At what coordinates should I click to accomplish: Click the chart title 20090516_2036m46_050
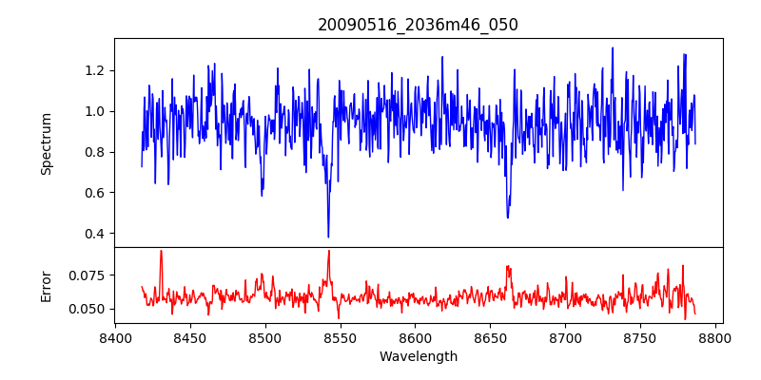point(418,25)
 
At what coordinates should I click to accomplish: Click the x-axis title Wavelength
point(418,356)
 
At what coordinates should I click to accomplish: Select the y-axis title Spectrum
point(46,143)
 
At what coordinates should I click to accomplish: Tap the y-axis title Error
point(46,285)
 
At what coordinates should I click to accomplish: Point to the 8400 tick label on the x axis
point(115,337)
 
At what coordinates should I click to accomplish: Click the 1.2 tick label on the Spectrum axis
point(95,70)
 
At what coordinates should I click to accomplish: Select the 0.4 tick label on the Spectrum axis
point(95,234)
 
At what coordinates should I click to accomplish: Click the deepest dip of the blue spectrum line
point(328,237)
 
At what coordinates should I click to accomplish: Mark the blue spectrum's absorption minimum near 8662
point(507,218)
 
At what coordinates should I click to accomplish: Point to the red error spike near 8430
point(161,251)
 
